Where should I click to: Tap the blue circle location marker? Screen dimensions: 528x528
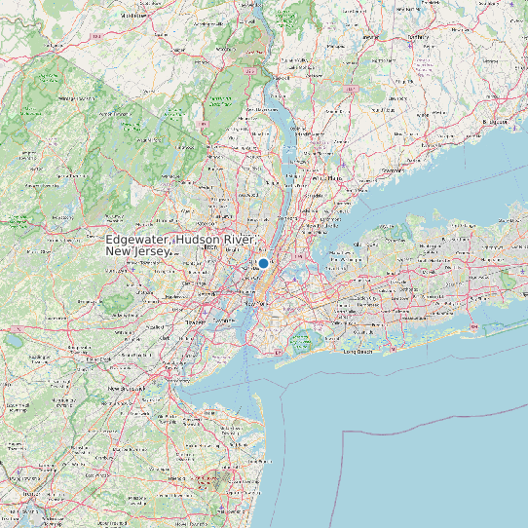263,263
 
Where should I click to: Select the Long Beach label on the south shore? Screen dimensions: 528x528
358,352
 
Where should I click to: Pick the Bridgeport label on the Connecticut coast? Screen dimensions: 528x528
498,122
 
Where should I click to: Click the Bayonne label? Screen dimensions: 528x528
224,321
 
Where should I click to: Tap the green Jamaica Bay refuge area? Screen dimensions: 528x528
302,341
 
